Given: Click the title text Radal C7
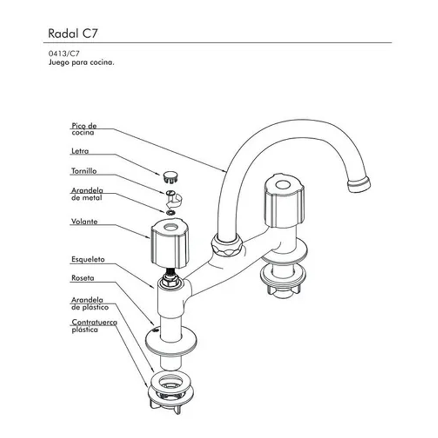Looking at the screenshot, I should click(x=73, y=33).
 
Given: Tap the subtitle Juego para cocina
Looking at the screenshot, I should click(x=81, y=63).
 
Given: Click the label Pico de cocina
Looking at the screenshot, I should click(x=84, y=129).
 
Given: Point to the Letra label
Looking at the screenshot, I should click(x=80, y=151).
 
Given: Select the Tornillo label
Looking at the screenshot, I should click(x=84, y=171).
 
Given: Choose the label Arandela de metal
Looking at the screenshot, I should click(x=87, y=194).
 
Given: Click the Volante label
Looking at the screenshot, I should click(x=84, y=222).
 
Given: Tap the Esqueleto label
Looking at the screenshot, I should click(x=88, y=259).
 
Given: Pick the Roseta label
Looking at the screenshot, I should click(x=83, y=279).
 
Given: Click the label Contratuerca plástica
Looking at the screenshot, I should click(x=89, y=326).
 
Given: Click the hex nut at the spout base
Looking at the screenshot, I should click(x=227, y=245).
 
